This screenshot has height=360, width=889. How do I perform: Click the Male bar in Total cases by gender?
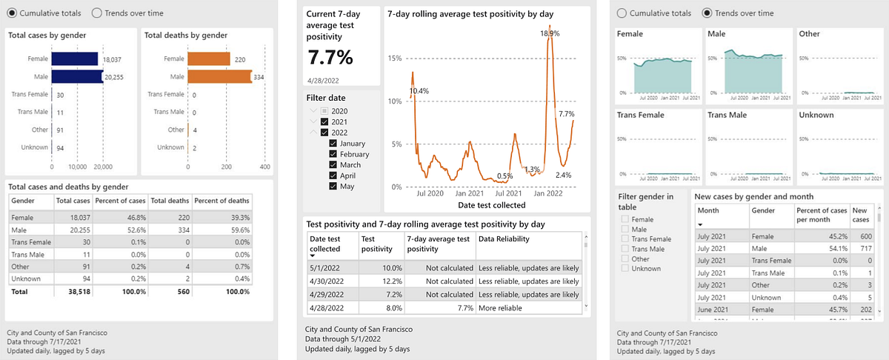tap(77, 76)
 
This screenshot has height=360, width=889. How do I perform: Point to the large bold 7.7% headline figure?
tap(330, 57)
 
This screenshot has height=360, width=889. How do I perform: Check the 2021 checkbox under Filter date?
tap(325, 121)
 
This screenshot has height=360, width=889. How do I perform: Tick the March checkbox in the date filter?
tap(334, 164)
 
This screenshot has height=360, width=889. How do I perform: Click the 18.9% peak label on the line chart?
tap(550, 33)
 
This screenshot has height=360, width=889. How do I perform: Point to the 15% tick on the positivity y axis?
tap(396, 59)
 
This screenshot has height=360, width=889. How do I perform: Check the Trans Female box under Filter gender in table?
tap(626, 239)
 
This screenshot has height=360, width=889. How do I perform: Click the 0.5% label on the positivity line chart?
tap(505, 176)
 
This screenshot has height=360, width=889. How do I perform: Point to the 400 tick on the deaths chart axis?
tap(264, 167)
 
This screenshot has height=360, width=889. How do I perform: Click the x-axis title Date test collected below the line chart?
tap(492, 205)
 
